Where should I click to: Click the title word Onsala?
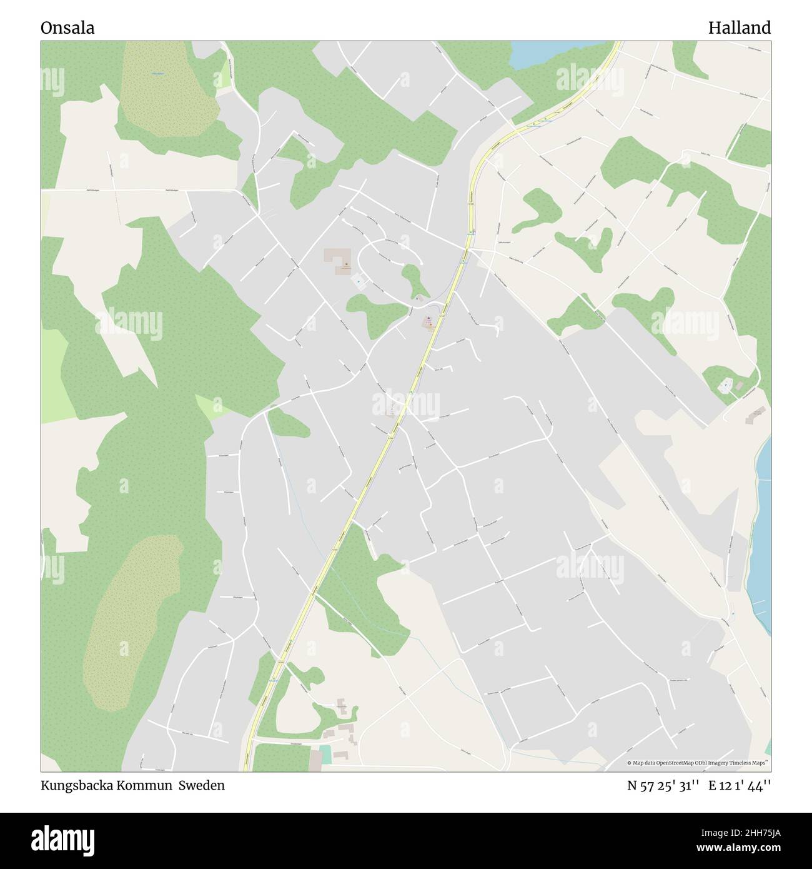(x=67, y=28)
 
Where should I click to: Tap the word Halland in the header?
(x=740, y=28)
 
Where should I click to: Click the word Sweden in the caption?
(x=202, y=786)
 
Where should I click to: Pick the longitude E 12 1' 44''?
(x=740, y=786)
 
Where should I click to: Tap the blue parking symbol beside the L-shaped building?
(x=358, y=281)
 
